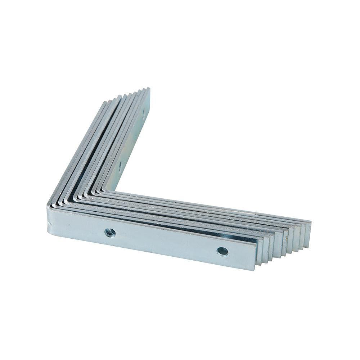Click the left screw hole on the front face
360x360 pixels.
click(x=110, y=233)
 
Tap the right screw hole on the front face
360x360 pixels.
click(x=222, y=251)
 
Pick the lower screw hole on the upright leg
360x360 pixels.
click(x=120, y=165)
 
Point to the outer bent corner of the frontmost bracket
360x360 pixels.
click(x=49, y=207)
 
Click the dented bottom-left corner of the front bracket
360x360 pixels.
click(x=50, y=227)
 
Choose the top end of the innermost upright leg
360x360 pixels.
click(x=148, y=90)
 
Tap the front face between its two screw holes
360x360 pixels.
click(x=166, y=242)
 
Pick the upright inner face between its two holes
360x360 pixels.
click(x=132, y=140)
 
